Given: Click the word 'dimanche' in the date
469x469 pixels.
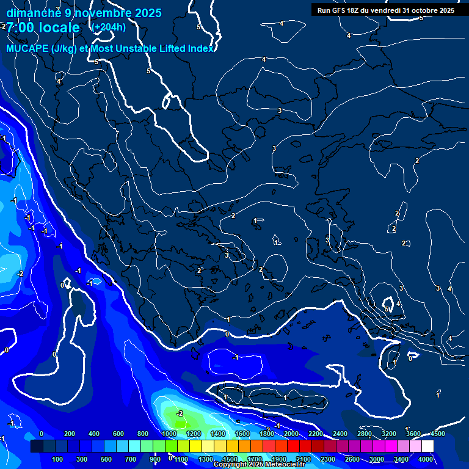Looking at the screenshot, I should tap(29, 13).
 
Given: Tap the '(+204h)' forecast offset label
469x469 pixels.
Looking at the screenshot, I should tap(108, 27).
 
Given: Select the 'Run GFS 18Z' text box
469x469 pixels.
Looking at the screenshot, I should tap(386, 10).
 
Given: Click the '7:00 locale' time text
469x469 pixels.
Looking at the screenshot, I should tap(43, 27).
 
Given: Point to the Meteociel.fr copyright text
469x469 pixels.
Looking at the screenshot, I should tap(259, 465).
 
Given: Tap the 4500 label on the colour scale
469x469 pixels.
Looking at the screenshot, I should tap(437, 434).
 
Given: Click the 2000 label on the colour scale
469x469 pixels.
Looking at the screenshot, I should tap(291, 434).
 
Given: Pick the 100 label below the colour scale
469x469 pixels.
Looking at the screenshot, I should tap(59, 459).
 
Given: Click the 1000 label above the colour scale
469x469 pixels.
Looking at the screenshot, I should tap(169, 434).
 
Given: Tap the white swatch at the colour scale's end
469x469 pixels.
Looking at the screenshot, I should tap(427, 446).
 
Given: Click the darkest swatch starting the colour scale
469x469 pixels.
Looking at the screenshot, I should tap(37, 446).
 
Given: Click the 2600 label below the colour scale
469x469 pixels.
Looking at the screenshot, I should tap(352, 459).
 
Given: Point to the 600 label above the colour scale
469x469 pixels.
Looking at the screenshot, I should tap(118, 434).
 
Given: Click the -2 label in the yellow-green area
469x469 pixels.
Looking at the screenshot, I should tap(179, 413).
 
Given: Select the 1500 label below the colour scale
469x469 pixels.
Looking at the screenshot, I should tap(230, 459).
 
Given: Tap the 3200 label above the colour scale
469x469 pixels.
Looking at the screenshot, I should tap(388, 434).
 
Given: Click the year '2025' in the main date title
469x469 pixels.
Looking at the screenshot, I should tap(148, 13).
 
